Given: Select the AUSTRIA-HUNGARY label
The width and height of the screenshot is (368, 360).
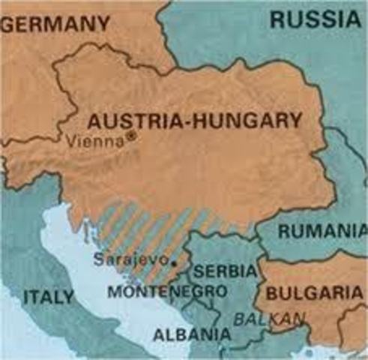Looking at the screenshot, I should point(195,120).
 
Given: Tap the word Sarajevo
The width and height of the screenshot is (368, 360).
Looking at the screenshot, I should point(130,259).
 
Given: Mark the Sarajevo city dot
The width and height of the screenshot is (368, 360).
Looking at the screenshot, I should point(173,263).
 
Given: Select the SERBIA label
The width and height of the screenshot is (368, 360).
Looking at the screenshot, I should point(225,270).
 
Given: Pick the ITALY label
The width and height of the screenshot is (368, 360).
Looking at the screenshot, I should point(49,297).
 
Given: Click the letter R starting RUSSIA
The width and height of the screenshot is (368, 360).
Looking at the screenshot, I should point(276,20).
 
